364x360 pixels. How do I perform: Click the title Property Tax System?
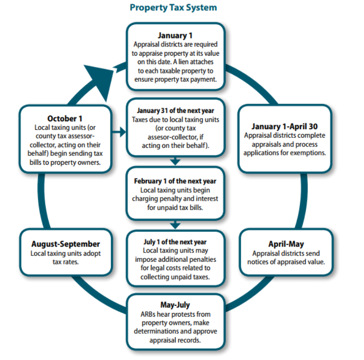click(173, 8)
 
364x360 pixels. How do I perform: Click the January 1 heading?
click(175, 36)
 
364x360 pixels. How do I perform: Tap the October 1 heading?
click(65, 118)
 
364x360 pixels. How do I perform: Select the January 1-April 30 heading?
click(285, 126)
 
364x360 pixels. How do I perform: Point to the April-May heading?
click(286, 244)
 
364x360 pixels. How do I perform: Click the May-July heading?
click(175, 305)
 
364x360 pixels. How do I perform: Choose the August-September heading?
click(66, 244)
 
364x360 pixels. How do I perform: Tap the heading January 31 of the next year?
click(175, 110)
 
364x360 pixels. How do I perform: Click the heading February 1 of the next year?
click(175, 181)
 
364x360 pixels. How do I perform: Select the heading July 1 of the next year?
click(175, 242)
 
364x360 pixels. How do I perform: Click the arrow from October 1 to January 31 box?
click(118, 132)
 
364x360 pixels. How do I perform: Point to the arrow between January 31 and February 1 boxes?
click(175, 162)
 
